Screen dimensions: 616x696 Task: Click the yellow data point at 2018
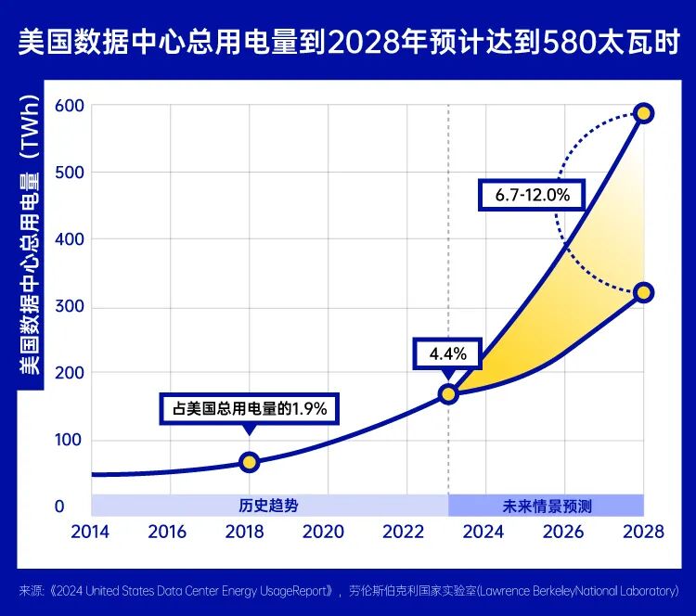pos(249,462)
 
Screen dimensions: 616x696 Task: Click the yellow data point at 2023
pos(448,394)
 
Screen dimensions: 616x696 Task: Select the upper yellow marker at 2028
pos(643,113)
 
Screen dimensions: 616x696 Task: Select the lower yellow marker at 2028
pos(643,293)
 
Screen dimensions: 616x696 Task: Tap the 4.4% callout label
pos(454,354)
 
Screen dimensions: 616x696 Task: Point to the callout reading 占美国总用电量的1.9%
pos(250,408)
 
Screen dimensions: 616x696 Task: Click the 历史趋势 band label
pos(269,506)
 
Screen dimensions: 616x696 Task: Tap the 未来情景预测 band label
pos(546,506)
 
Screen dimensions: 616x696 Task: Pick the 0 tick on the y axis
pos(59,507)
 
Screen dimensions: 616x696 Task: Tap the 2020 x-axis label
pos(324,532)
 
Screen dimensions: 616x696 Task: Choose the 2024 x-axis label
pos(483,532)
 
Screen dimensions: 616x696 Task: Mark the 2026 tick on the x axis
pos(563,532)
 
